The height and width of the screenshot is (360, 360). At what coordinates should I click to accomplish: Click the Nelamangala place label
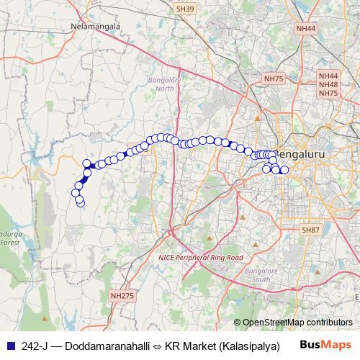pos(94,27)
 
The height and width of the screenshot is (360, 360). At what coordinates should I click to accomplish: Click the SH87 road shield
pos(310,229)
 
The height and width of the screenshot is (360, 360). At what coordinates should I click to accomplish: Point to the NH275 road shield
pos(122,295)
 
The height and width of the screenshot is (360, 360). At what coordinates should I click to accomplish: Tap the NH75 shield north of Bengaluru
pos(274,78)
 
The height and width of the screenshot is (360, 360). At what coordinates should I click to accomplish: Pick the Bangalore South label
pos(256,274)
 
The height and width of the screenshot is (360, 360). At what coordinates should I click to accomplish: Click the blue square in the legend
pos(10,346)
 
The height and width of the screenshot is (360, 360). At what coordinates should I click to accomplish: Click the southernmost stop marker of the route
pos(80,203)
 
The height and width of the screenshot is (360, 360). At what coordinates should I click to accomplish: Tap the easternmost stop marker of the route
pos(284,170)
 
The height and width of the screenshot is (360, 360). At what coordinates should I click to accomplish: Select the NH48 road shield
pos(328,84)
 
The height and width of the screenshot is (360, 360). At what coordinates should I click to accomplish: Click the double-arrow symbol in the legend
pos(157,346)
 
